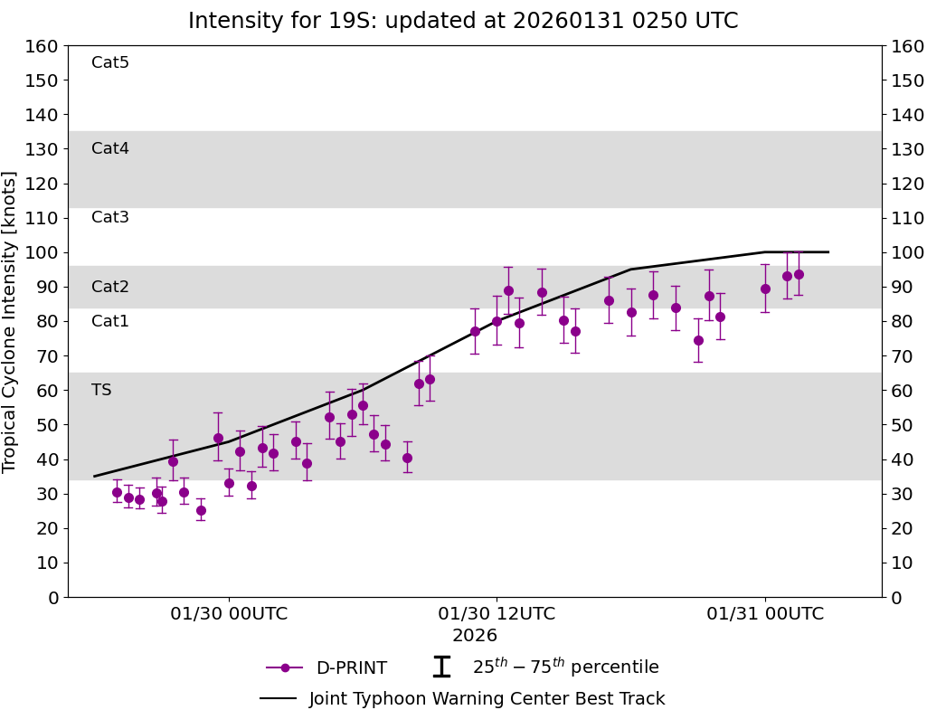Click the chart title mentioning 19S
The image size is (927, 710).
click(463, 21)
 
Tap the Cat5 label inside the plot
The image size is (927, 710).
click(110, 62)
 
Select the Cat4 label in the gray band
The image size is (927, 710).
click(110, 148)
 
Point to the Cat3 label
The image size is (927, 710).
click(110, 217)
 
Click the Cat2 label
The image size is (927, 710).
click(110, 287)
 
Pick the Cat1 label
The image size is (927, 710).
click(110, 321)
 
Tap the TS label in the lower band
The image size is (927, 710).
click(101, 390)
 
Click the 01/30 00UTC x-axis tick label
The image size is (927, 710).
click(229, 614)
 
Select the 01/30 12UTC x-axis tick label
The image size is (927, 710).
click(497, 614)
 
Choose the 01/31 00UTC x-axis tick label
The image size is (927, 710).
click(765, 614)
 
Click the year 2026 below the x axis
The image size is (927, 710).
click(475, 636)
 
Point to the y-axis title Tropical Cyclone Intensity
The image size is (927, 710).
click(11, 321)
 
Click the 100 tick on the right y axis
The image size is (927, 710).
click(905, 252)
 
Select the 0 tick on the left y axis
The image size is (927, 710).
click(52, 597)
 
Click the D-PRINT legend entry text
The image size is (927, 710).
click(351, 668)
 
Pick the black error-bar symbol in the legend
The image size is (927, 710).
click(441, 667)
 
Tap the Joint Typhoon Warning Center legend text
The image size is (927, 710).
click(487, 699)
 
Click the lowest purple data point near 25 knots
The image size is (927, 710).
click(201, 510)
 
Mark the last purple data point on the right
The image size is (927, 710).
click(799, 274)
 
